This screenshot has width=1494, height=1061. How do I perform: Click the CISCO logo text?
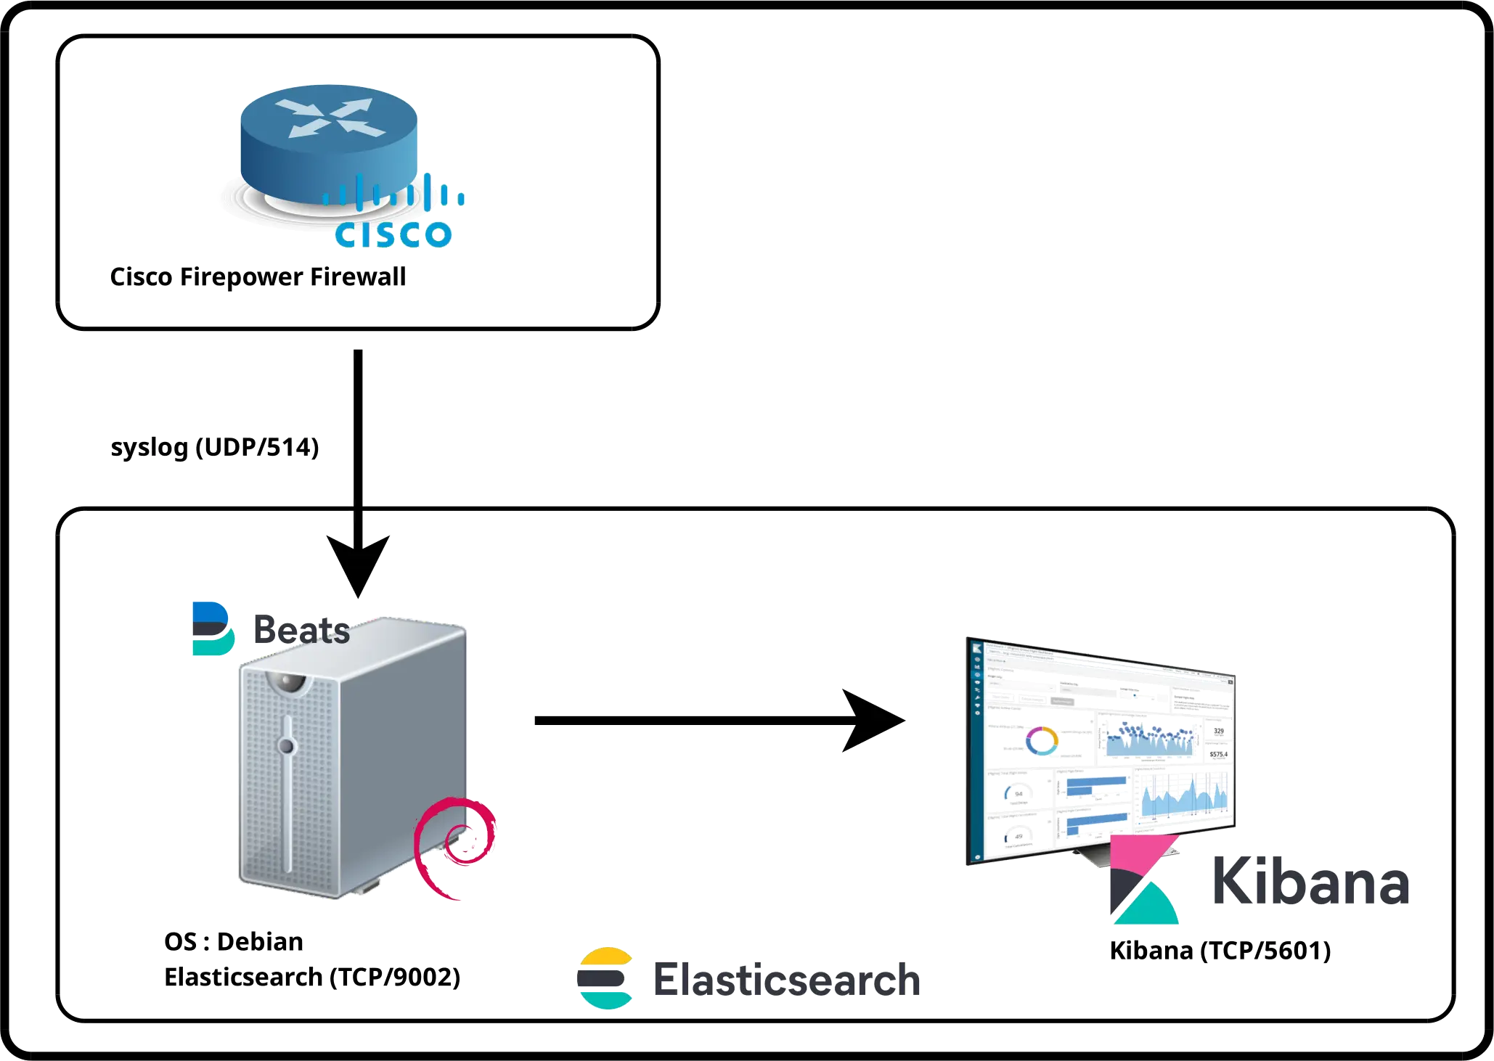393,234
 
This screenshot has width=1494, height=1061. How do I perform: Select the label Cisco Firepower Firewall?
258,278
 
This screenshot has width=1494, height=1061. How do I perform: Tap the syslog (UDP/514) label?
215,448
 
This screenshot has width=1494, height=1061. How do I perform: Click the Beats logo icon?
213,628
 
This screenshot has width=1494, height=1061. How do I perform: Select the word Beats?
300,629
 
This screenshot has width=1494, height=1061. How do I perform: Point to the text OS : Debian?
234,942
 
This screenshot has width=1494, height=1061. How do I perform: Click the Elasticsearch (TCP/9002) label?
312,978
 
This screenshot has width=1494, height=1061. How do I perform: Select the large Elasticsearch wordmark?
786,979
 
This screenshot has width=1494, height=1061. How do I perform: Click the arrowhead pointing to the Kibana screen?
875,720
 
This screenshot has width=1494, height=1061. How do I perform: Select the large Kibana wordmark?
1311,880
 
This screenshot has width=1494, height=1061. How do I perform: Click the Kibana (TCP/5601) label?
1222,951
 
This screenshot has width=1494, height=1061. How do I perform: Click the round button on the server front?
287,746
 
